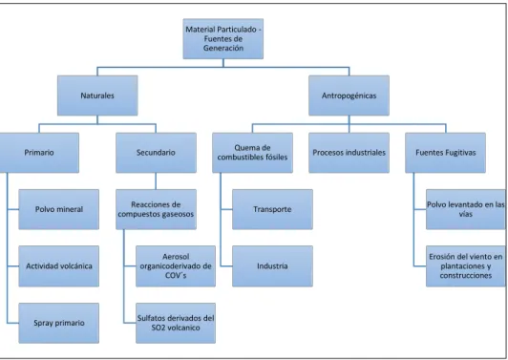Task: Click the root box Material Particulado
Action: tap(222, 39)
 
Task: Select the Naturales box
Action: tap(97, 95)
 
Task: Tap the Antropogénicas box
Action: tap(349, 95)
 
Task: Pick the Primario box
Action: tap(39, 153)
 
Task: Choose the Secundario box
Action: tap(156, 153)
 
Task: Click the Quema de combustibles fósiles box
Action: tap(252, 153)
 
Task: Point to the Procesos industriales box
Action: tap(349, 153)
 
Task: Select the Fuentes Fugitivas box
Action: tap(446, 153)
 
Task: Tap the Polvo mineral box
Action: tap(58, 209)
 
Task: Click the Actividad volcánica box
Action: tap(58, 266)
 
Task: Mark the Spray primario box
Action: tap(58, 323)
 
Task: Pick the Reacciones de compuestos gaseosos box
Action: tap(156, 209)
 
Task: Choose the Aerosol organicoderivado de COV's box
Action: tap(176, 266)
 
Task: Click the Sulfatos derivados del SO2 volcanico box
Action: tap(176, 323)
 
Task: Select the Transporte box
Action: tap(272, 209)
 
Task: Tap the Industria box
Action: tap(272, 266)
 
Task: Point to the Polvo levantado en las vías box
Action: tap(466, 209)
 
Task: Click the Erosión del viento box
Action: tap(466, 266)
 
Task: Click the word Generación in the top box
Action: tap(223, 48)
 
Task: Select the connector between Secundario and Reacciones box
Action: tap(156, 181)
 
